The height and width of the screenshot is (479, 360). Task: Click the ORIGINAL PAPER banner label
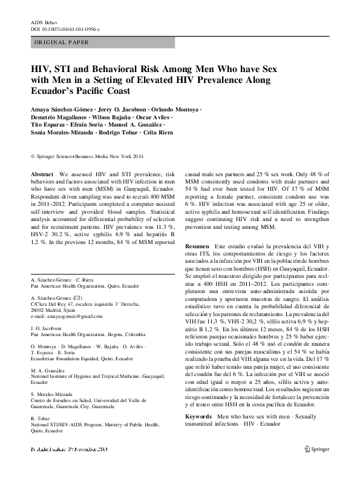tap(61, 42)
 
